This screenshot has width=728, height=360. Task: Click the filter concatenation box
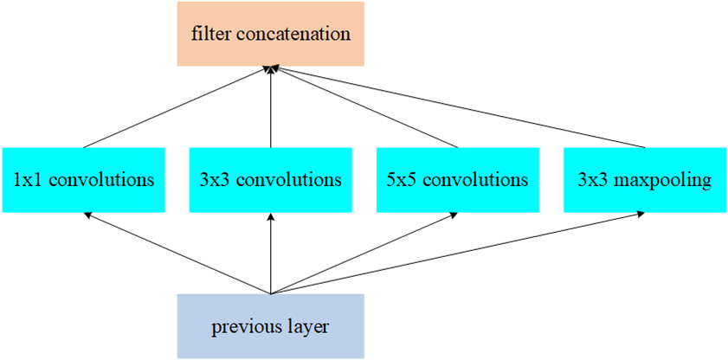[270, 35]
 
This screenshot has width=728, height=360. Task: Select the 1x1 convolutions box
[83, 180]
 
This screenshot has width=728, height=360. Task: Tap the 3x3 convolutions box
[270, 180]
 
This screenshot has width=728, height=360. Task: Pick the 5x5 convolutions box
[457, 180]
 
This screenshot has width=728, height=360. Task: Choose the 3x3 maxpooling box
[644, 180]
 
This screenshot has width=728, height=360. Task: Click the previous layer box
[270, 326]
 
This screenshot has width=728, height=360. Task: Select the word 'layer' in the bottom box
[310, 327]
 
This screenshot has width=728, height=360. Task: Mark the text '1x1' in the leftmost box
[26, 181]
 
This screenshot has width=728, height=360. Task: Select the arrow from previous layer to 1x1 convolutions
[177, 254]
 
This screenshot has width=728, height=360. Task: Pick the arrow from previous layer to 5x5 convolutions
[364, 254]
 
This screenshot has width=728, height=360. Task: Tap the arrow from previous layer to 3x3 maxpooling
[457, 254]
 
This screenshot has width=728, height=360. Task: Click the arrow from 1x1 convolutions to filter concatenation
[177, 106]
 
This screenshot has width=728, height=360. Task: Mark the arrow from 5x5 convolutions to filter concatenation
[364, 106]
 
